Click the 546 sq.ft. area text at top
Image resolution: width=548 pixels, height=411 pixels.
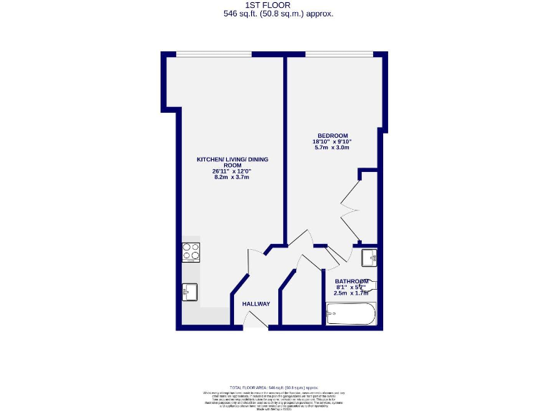[278, 14]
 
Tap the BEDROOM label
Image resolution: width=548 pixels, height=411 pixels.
[333, 136]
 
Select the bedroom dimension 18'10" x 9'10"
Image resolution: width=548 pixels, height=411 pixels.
[333, 143]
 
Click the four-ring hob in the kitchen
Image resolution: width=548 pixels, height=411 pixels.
[191, 252]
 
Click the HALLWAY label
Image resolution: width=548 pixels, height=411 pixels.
[256, 304]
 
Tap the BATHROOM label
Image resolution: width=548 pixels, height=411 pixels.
[352, 281]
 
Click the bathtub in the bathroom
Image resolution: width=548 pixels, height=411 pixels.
[350, 314]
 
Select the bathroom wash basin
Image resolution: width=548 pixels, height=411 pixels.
[369, 256]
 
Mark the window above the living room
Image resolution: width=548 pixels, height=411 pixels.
[213, 55]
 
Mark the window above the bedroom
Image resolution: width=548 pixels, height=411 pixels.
[338, 55]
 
